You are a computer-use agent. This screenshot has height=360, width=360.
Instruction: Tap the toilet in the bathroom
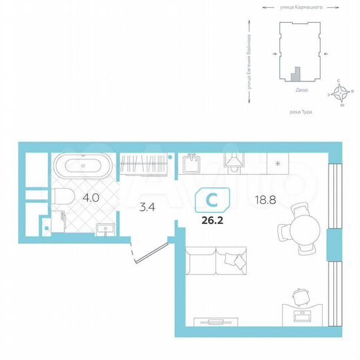(x=64, y=197)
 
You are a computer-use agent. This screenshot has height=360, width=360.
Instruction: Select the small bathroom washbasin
(x=106, y=229)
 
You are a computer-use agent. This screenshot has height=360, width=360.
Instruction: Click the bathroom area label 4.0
(x=91, y=198)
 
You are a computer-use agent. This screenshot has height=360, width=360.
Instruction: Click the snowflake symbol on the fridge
(x=277, y=163)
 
